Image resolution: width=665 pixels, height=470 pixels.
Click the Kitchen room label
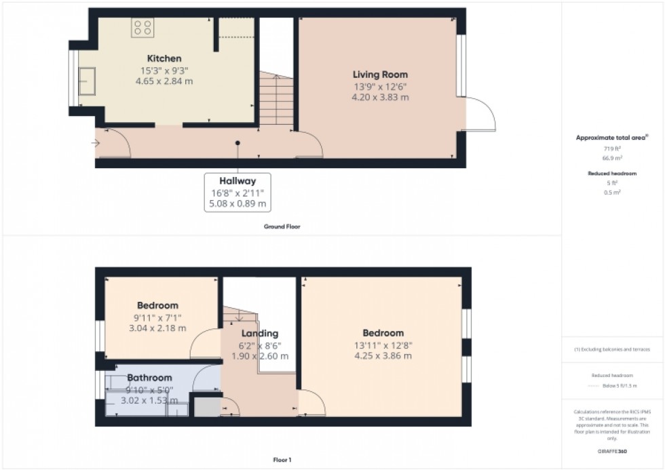pos(165,59)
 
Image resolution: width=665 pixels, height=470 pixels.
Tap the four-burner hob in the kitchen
pos(142,27)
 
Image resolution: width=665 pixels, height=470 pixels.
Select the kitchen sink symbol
pos(87,81)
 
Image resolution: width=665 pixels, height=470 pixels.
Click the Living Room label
pos(380,75)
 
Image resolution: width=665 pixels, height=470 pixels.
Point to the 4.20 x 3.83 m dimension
pos(380,97)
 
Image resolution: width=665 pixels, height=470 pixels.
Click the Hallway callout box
pos(237,192)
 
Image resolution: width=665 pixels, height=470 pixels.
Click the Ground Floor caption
pos(282,227)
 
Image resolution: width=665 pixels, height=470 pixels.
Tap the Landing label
pos(260,334)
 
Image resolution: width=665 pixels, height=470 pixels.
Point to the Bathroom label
pos(149,378)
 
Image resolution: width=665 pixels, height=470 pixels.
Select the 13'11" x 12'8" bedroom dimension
pos(383,345)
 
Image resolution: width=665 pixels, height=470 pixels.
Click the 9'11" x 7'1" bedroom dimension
pos(157,317)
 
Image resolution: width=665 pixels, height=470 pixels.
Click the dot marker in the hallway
pos(237,143)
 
